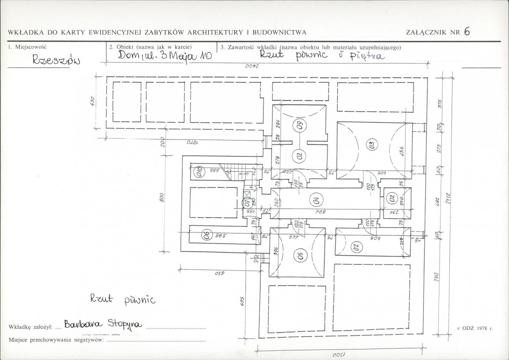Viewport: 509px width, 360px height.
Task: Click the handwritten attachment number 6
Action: click(467, 32)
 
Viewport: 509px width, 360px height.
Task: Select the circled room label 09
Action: click(300, 126)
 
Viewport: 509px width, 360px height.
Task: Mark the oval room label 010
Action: click(198, 172)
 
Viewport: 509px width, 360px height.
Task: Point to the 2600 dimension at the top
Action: click(250, 67)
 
